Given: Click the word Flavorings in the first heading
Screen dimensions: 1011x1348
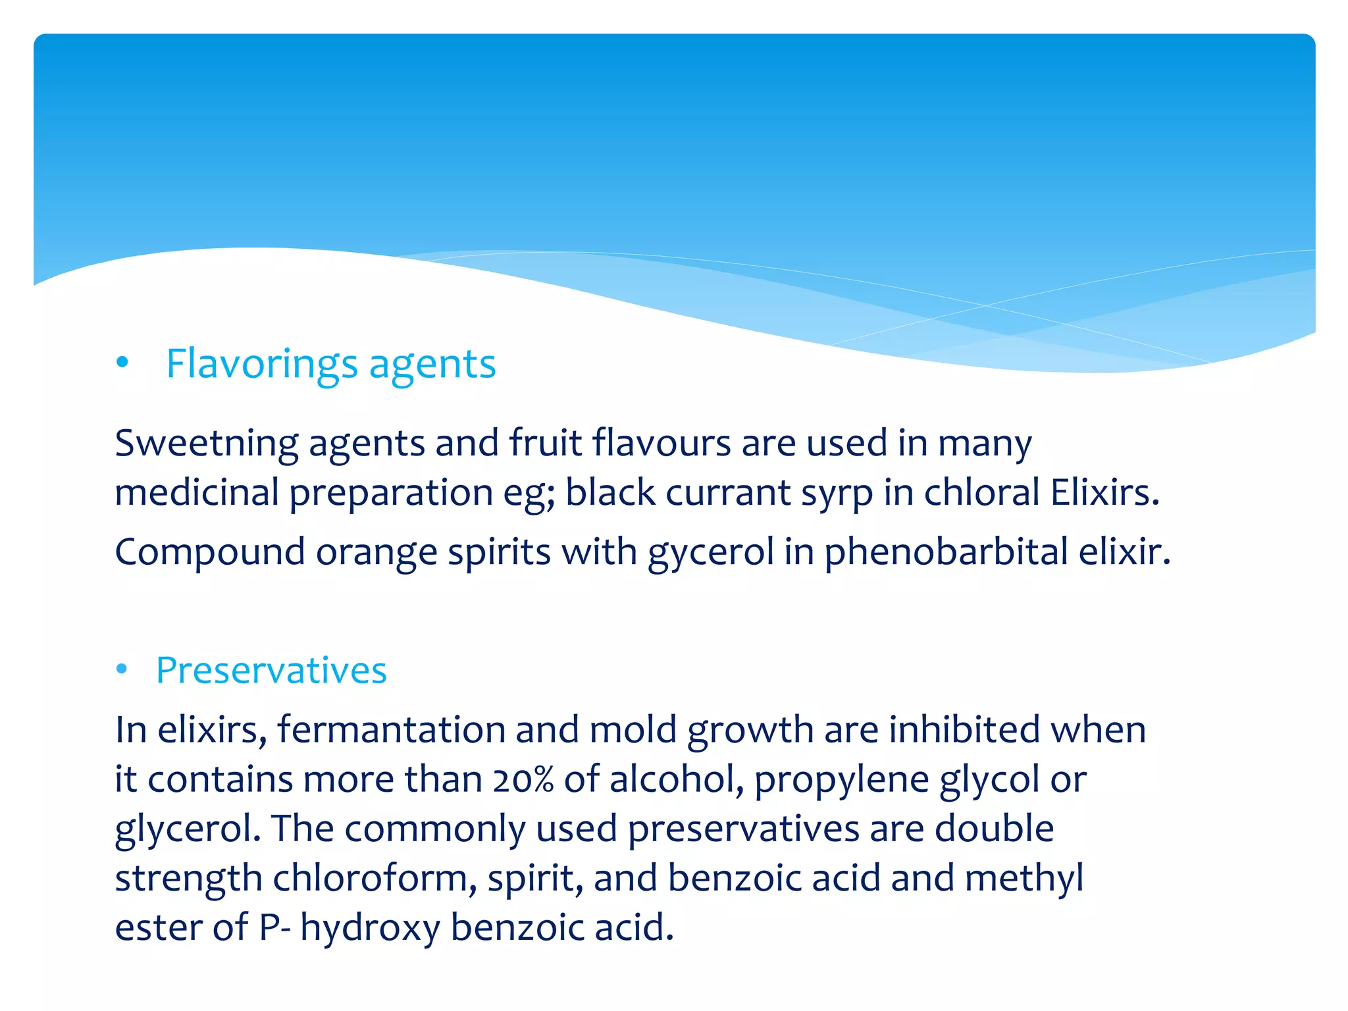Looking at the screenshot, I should (262, 364).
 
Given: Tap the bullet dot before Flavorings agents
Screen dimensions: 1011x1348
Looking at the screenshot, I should (122, 362).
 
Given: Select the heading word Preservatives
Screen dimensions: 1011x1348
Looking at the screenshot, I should (271, 671).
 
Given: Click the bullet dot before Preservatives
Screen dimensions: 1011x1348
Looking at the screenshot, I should (121, 669).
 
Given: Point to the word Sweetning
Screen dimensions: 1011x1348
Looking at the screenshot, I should (206, 443).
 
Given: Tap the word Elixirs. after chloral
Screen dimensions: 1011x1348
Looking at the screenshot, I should (1104, 492).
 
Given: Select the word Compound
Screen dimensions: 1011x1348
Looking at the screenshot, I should (209, 552).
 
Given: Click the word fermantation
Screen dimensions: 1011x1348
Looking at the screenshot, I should (390, 729).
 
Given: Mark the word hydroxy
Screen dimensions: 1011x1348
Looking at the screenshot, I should (370, 928).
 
